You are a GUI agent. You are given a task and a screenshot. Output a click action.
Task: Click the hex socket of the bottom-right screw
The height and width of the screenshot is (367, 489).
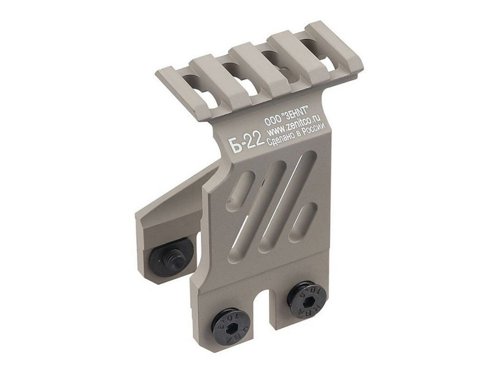tap(307, 299)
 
